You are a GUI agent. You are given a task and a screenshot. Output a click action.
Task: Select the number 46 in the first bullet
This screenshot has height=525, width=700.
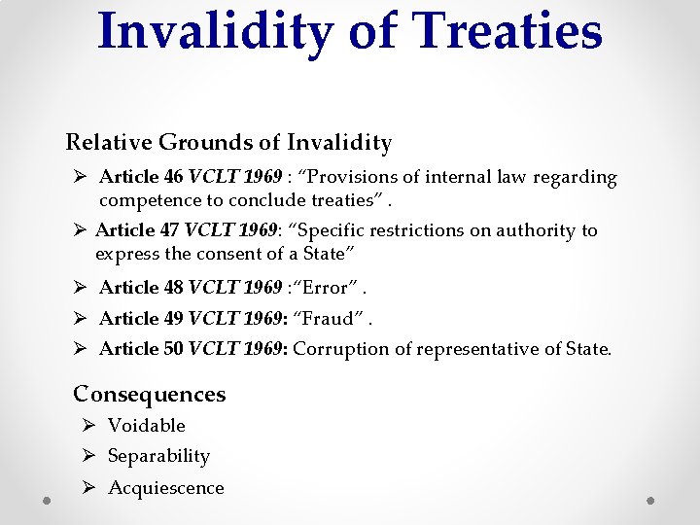pyautogui.click(x=173, y=177)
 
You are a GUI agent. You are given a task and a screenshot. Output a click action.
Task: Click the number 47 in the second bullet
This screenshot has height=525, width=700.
pyautogui.click(x=169, y=230)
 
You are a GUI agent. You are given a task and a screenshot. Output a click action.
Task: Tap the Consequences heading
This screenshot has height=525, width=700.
pyautogui.click(x=150, y=394)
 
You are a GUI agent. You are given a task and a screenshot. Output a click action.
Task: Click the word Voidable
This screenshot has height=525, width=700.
pyautogui.click(x=147, y=425)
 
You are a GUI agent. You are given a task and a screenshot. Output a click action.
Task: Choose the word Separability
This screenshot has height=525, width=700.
pyautogui.click(x=158, y=456)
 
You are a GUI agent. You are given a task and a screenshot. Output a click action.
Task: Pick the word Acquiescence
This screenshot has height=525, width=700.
pyautogui.click(x=166, y=488)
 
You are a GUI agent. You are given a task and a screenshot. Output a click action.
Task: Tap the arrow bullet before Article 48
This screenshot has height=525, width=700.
pyautogui.click(x=82, y=288)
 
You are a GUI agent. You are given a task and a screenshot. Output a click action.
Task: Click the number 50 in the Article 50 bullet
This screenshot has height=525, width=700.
pyautogui.click(x=173, y=349)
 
